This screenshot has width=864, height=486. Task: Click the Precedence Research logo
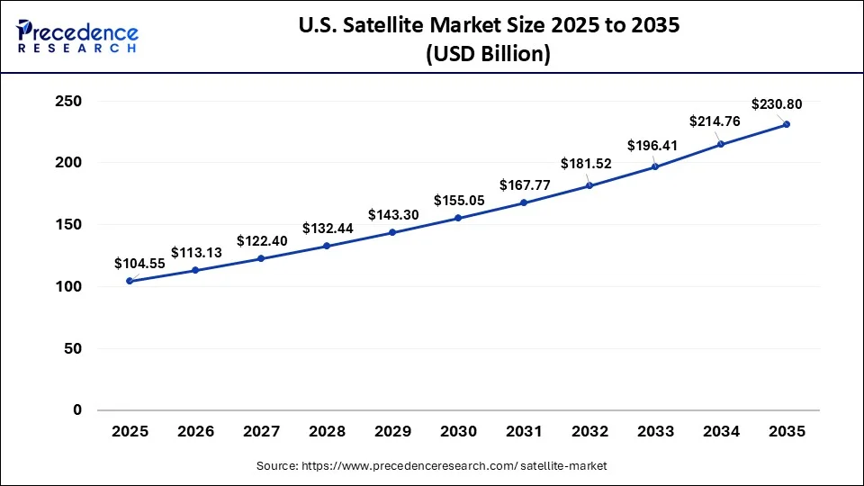coord(76,36)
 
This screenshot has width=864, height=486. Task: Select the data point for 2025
coord(130,281)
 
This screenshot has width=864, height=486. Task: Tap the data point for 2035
coord(787,124)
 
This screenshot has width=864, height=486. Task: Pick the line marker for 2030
coord(458,218)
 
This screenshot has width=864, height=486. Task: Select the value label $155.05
coord(459,201)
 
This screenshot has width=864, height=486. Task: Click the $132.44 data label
coord(328,229)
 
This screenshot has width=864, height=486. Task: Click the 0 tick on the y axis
coord(76,409)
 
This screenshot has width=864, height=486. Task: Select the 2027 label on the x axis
coord(261,432)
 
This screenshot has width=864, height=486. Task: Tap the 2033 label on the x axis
coord(655,432)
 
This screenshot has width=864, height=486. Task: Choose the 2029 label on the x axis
coord(392,432)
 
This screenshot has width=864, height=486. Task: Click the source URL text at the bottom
coord(431,465)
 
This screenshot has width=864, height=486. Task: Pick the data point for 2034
coord(721,144)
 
